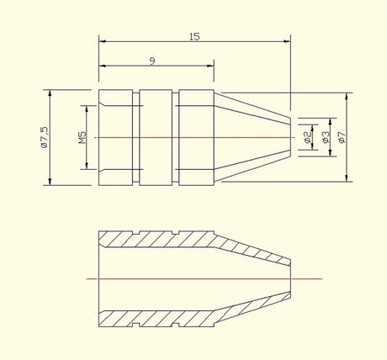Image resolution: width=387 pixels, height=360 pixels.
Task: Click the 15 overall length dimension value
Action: point(194,37)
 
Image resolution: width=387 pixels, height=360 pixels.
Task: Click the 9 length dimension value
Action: point(152,61)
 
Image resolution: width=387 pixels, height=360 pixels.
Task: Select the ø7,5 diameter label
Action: point(45,137)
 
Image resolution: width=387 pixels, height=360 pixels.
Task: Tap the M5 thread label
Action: point(82,138)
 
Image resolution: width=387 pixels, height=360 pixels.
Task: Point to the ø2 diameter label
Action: point(308,137)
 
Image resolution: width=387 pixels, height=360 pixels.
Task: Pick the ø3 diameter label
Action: point(326,137)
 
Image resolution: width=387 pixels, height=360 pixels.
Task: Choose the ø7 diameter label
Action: point(342,137)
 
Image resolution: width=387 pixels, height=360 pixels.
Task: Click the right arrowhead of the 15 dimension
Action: point(288,41)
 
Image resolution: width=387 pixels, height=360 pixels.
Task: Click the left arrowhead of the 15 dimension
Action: point(103,41)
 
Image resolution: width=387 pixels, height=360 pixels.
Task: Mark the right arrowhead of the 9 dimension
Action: point(210,66)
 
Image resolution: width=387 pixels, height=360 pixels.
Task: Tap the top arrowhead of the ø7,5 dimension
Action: point(50,93)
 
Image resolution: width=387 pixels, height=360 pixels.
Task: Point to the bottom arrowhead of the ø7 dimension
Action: point(347,178)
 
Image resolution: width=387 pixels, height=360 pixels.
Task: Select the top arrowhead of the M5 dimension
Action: point(87,109)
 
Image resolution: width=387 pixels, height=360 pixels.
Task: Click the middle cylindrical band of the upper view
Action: point(156,137)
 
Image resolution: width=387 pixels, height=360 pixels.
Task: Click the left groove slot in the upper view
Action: point(135,137)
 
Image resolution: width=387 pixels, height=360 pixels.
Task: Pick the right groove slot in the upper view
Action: point(175,137)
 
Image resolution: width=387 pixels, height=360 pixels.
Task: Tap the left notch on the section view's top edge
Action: point(135,233)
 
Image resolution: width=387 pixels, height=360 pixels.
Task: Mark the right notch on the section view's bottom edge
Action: point(175,325)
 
